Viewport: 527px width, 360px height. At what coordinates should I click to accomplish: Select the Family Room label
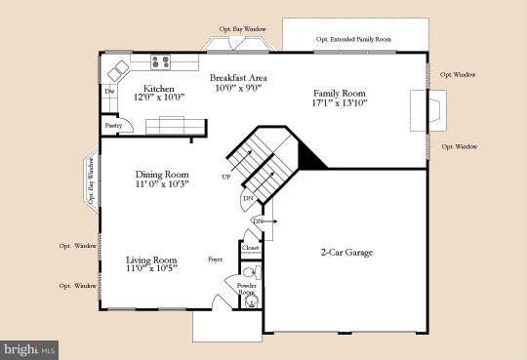tap(336, 91)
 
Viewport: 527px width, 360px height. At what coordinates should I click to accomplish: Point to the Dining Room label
tap(161, 176)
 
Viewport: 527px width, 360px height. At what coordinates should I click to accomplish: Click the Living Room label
tap(150, 260)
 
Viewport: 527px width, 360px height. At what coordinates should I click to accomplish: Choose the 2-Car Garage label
tap(347, 253)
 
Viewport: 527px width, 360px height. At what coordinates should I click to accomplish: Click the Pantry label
tap(113, 126)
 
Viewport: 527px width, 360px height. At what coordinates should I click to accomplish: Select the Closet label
tap(250, 248)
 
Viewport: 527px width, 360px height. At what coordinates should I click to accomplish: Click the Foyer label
tap(215, 260)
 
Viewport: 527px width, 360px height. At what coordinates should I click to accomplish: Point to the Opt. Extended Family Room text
tap(353, 40)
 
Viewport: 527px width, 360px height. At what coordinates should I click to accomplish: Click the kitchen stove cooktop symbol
tap(161, 61)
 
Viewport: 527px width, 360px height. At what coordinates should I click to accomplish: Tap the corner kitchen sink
tap(119, 71)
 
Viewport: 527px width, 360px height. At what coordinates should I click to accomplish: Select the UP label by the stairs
tap(226, 177)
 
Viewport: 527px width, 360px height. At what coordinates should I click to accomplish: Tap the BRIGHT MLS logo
tap(29, 348)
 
